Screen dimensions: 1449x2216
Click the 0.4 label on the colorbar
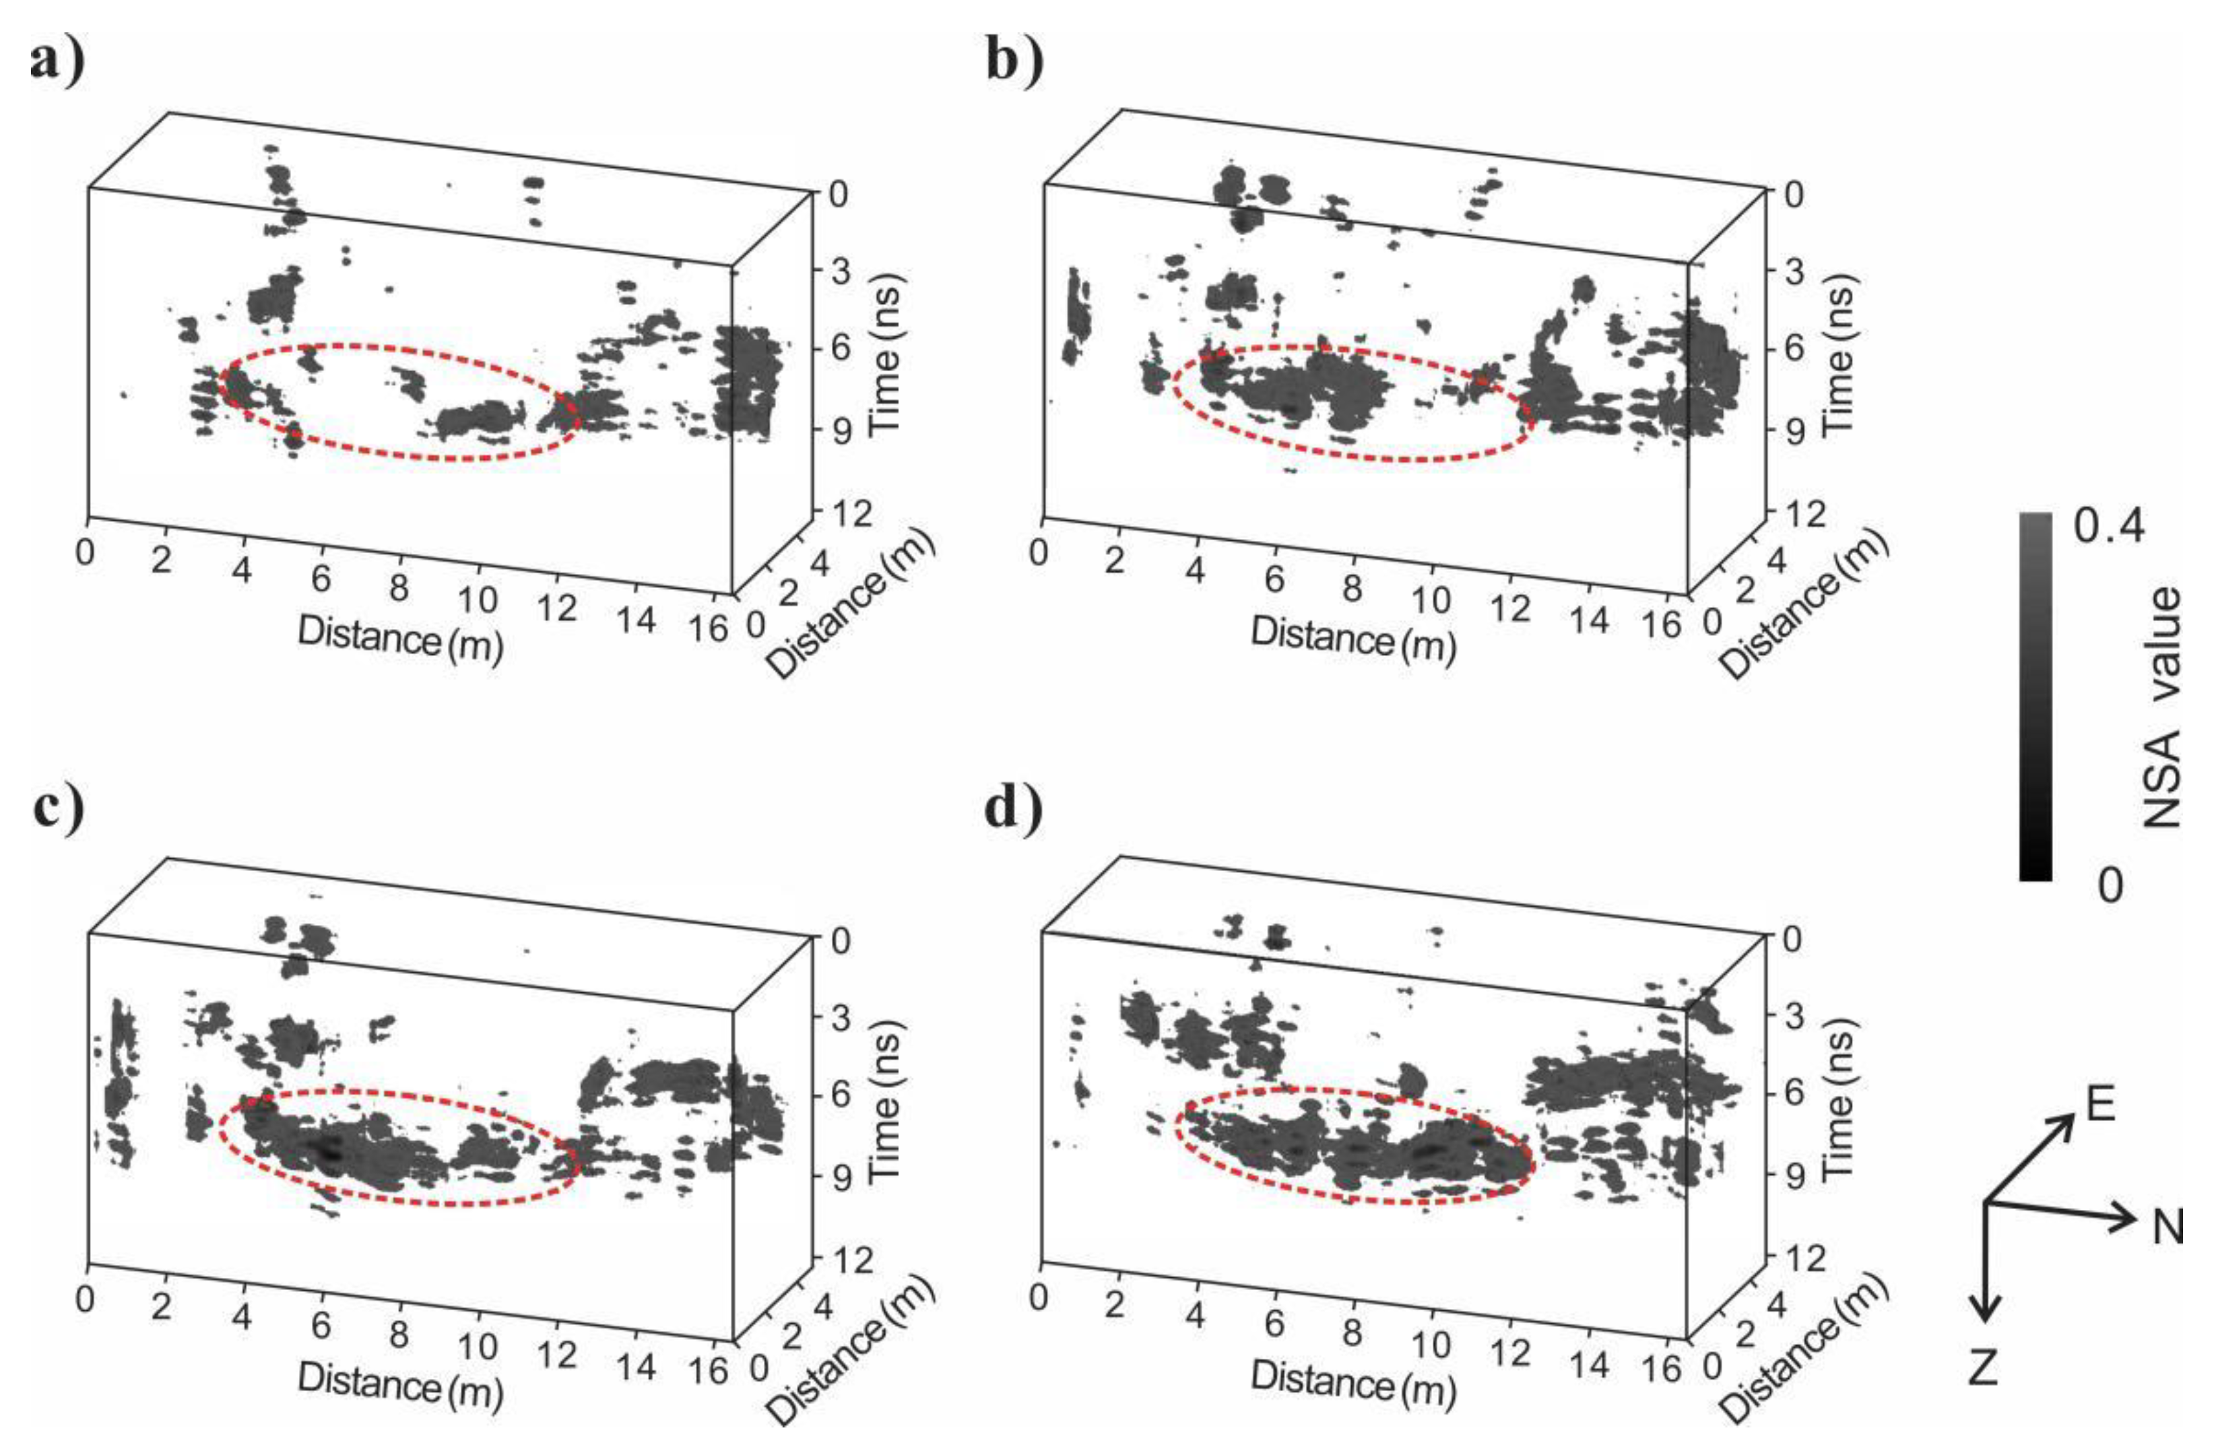[2109, 527]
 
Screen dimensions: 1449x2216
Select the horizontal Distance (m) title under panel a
[400, 638]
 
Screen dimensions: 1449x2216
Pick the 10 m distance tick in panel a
[477, 600]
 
